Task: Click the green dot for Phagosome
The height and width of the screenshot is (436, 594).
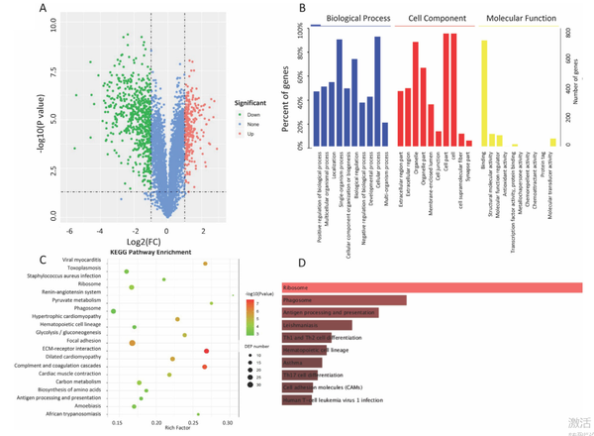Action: coord(114,312)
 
